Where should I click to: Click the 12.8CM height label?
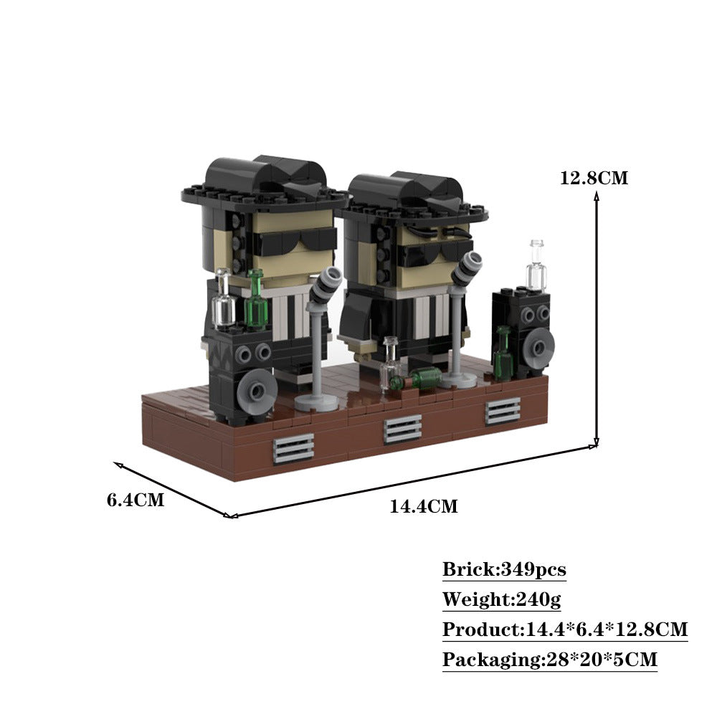[x=594, y=178]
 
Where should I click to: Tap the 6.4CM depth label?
[x=136, y=499]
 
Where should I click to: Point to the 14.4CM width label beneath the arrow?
[x=424, y=506]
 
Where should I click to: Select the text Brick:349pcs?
[x=504, y=569]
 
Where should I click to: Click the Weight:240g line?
[x=501, y=599]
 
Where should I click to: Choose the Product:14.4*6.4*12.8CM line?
[x=565, y=630]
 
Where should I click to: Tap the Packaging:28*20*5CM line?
[x=550, y=660]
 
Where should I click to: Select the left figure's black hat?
[x=265, y=183]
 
